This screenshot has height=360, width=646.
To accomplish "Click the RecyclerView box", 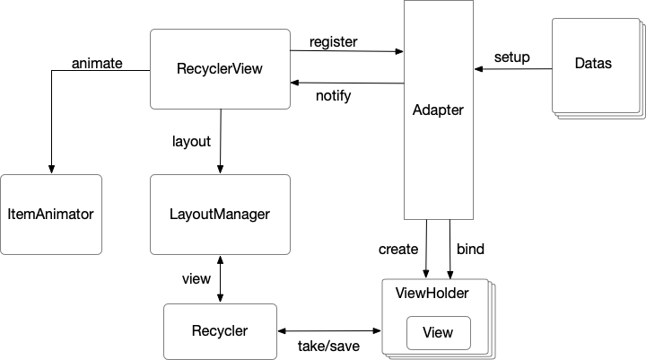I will [x=220, y=68].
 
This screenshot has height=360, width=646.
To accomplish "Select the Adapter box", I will [x=438, y=110].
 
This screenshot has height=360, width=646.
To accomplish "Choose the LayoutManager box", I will [x=220, y=215].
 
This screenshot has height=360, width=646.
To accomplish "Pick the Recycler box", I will [x=219, y=331].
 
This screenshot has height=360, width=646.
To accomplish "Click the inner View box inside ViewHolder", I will [x=437, y=333].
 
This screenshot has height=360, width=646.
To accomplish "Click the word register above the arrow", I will [x=333, y=41].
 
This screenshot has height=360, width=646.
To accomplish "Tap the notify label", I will [x=333, y=95].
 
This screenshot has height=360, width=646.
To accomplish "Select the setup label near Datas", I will [x=511, y=57].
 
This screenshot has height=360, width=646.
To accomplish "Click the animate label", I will [x=97, y=63].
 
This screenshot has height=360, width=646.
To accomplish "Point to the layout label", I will [x=190, y=141].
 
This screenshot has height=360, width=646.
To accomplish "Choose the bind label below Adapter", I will [x=471, y=248].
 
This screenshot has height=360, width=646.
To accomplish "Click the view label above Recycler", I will [x=196, y=278].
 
